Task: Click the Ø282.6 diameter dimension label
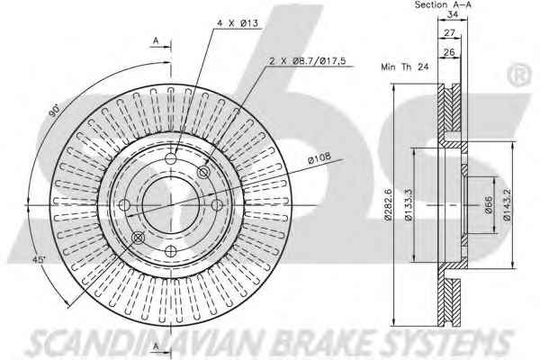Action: point(389,205)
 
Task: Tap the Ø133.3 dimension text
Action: point(409,205)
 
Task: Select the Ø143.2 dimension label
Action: point(507,205)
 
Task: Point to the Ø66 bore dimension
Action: point(489,205)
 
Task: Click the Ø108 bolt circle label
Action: point(319,157)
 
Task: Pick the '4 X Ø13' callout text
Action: point(238,23)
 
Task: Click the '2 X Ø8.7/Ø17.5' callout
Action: point(308,61)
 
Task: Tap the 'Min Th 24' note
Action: point(405,67)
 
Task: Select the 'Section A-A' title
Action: point(443,4)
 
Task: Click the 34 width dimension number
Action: point(453,14)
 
